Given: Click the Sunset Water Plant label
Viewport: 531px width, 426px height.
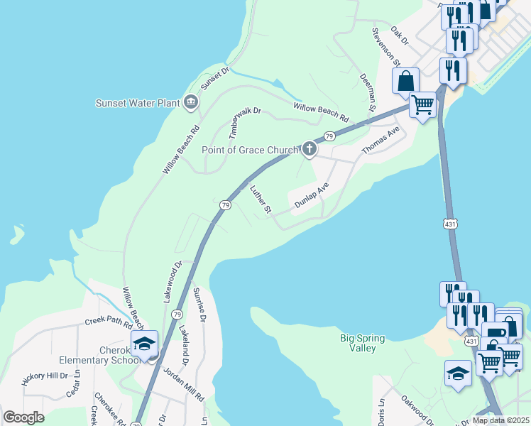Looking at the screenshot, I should (138, 103).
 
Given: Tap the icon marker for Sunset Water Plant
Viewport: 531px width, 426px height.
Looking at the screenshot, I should (190, 103).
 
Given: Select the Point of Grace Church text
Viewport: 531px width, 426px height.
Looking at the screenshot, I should (250, 150).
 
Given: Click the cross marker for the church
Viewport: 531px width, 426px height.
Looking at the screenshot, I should (309, 149).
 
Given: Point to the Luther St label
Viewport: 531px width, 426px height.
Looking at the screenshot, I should (261, 200).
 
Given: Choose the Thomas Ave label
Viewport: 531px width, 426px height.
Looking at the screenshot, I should (381, 141).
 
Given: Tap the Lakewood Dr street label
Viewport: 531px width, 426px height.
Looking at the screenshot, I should (173, 281).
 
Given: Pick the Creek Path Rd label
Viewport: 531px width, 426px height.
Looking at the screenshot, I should (109, 321).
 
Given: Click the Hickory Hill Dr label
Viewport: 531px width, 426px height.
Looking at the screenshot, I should (44, 376).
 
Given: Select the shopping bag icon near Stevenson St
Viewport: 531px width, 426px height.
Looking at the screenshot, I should (405, 81).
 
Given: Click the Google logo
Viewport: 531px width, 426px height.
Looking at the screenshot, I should (23, 417).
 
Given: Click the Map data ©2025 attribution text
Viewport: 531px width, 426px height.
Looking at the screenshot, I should (500, 420).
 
